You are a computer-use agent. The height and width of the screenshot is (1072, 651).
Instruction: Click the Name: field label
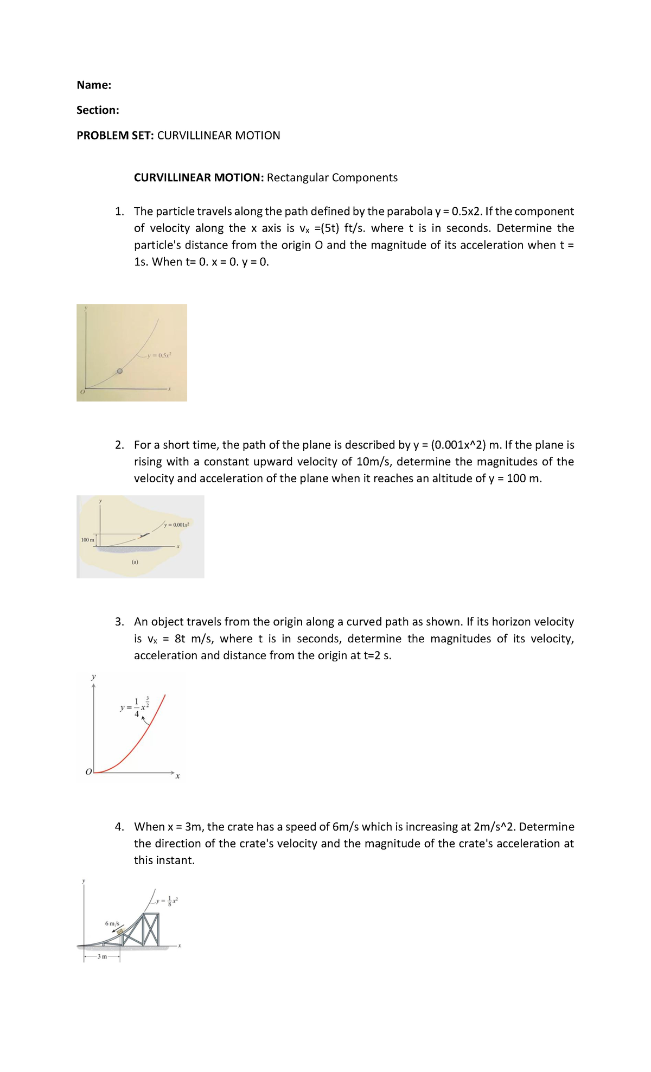[x=94, y=85]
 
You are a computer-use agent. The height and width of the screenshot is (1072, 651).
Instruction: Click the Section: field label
[x=98, y=110]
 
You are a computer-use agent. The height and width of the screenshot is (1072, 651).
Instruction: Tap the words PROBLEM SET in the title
[x=115, y=136]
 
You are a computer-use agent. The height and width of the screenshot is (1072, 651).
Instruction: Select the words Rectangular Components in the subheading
[x=332, y=178]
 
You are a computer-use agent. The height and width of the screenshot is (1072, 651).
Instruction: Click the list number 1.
[x=119, y=212]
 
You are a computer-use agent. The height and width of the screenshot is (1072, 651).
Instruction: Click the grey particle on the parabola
[x=120, y=372]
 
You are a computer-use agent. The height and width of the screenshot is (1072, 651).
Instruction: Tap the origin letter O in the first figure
[x=82, y=392]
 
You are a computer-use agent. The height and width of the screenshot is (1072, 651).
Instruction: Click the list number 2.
[x=119, y=445]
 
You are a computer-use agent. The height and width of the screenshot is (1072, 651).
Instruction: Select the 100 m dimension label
[x=87, y=540]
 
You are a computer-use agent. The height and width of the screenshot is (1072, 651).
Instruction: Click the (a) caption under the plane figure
[x=135, y=562]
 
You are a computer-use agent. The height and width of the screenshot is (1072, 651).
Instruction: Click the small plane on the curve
[x=144, y=535]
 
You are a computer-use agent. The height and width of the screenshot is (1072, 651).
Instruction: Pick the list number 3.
[x=119, y=622]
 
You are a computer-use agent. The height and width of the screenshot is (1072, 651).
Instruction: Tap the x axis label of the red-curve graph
[x=177, y=776]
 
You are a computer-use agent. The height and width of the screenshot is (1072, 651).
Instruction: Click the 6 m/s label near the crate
[x=112, y=923]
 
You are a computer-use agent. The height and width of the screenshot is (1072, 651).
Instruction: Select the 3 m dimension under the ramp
[x=102, y=956]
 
